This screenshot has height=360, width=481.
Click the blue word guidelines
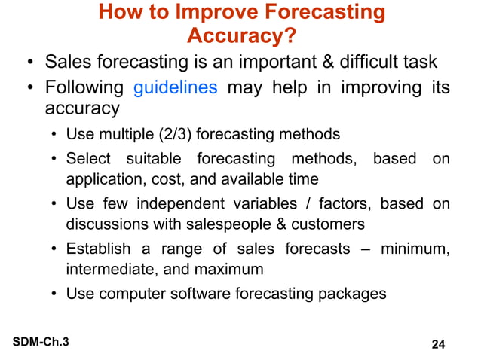tap(176, 88)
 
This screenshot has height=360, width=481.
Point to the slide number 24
tap(437, 345)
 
